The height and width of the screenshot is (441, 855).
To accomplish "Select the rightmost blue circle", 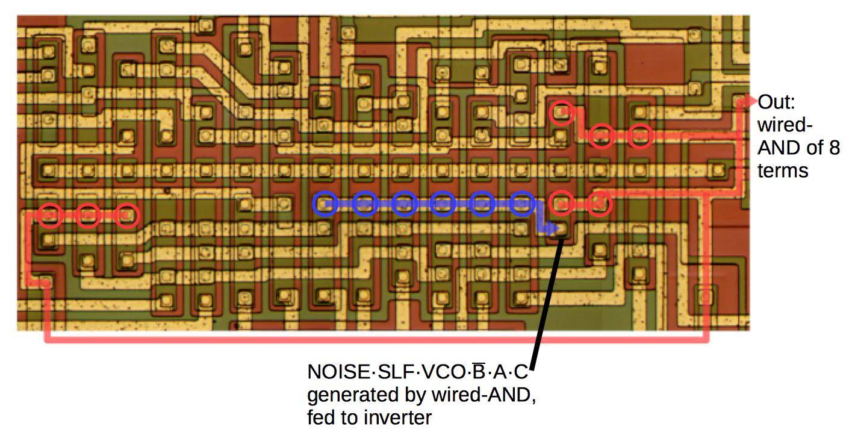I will click(x=521, y=204).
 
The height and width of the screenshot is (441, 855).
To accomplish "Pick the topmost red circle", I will click(x=562, y=113).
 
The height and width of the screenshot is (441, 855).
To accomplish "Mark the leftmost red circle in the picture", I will click(x=51, y=214).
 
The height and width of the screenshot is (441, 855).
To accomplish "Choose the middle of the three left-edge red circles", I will click(x=89, y=214).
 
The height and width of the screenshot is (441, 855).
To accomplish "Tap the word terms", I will click(x=782, y=170).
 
